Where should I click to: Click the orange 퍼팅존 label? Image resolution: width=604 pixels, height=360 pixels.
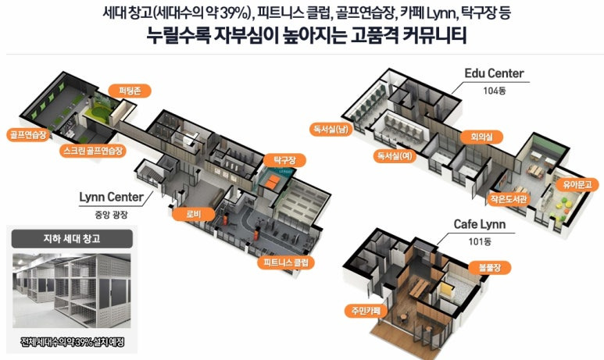point(126,90)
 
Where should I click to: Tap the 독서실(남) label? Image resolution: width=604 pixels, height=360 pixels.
point(331,129)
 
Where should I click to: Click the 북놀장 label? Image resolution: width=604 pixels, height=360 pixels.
point(483,267)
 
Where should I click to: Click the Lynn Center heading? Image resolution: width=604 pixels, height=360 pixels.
point(110,196)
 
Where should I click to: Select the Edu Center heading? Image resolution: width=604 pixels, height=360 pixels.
point(494,73)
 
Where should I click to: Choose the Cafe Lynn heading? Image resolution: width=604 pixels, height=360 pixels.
point(480,225)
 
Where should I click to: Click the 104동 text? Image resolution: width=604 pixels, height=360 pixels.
point(494,91)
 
